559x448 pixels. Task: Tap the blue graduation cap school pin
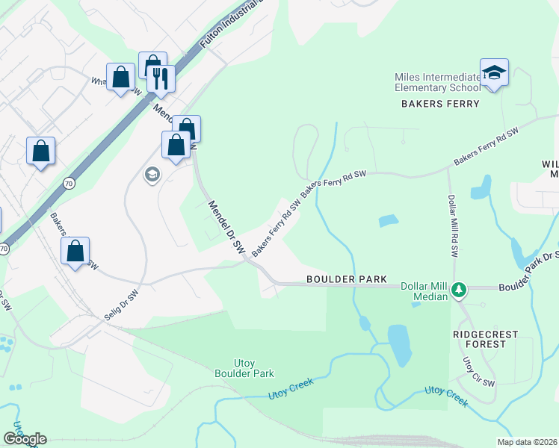pos(494,73)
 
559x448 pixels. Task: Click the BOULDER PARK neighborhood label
pos(347,279)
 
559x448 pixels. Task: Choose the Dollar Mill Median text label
pos(424,291)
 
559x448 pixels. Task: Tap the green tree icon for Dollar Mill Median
pos(461,289)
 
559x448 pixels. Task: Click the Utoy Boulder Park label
pos(244,367)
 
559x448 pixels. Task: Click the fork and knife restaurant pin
pos(161,78)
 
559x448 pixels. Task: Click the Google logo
pos(25,439)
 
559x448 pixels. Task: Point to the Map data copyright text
pos(528,442)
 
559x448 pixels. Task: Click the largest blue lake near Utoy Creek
pos(399,345)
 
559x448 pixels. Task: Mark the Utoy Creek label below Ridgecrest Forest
pos(446,396)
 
